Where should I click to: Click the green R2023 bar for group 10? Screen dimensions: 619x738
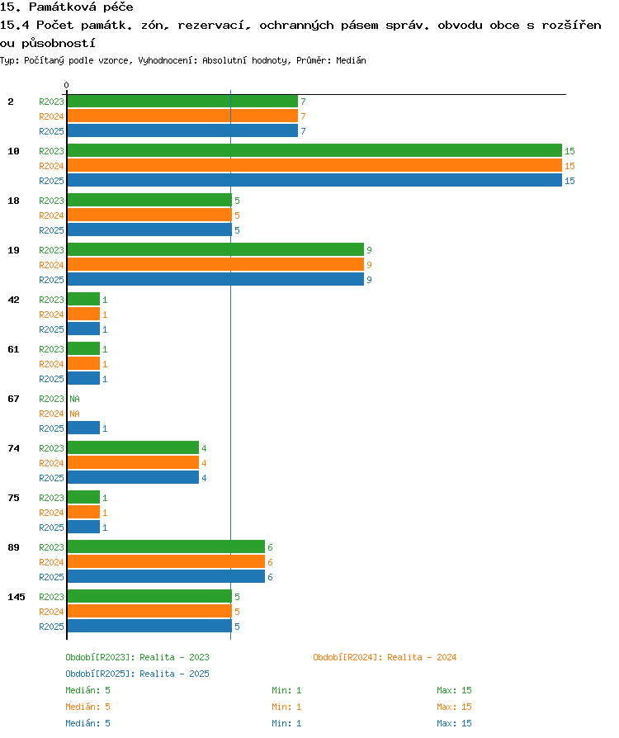point(314,150)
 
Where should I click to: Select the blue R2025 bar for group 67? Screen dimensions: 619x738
point(83,428)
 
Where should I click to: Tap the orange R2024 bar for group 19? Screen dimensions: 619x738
point(215,264)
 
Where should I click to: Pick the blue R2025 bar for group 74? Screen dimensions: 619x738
point(133,478)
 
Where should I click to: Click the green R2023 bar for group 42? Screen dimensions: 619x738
point(83,300)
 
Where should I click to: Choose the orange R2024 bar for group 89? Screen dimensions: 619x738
point(166,561)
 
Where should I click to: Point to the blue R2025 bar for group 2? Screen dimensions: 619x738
point(182,131)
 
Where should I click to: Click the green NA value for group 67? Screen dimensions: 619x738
point(74,399)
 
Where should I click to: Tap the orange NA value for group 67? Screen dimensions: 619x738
point(74,414)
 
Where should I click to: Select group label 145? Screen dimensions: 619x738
point(17,597)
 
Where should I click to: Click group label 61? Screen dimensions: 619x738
point(14,349)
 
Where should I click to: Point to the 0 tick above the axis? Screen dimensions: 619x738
point(66,85)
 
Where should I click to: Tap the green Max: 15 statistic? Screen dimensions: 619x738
point(454,690)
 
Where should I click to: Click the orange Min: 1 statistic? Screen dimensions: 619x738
point(286,707)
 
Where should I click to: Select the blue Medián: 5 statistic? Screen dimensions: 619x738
point(88,723)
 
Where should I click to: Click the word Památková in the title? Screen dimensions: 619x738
point(63,7)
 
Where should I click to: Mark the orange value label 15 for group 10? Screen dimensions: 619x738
point(569,166)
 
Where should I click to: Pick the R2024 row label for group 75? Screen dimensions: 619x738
point(51,513)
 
